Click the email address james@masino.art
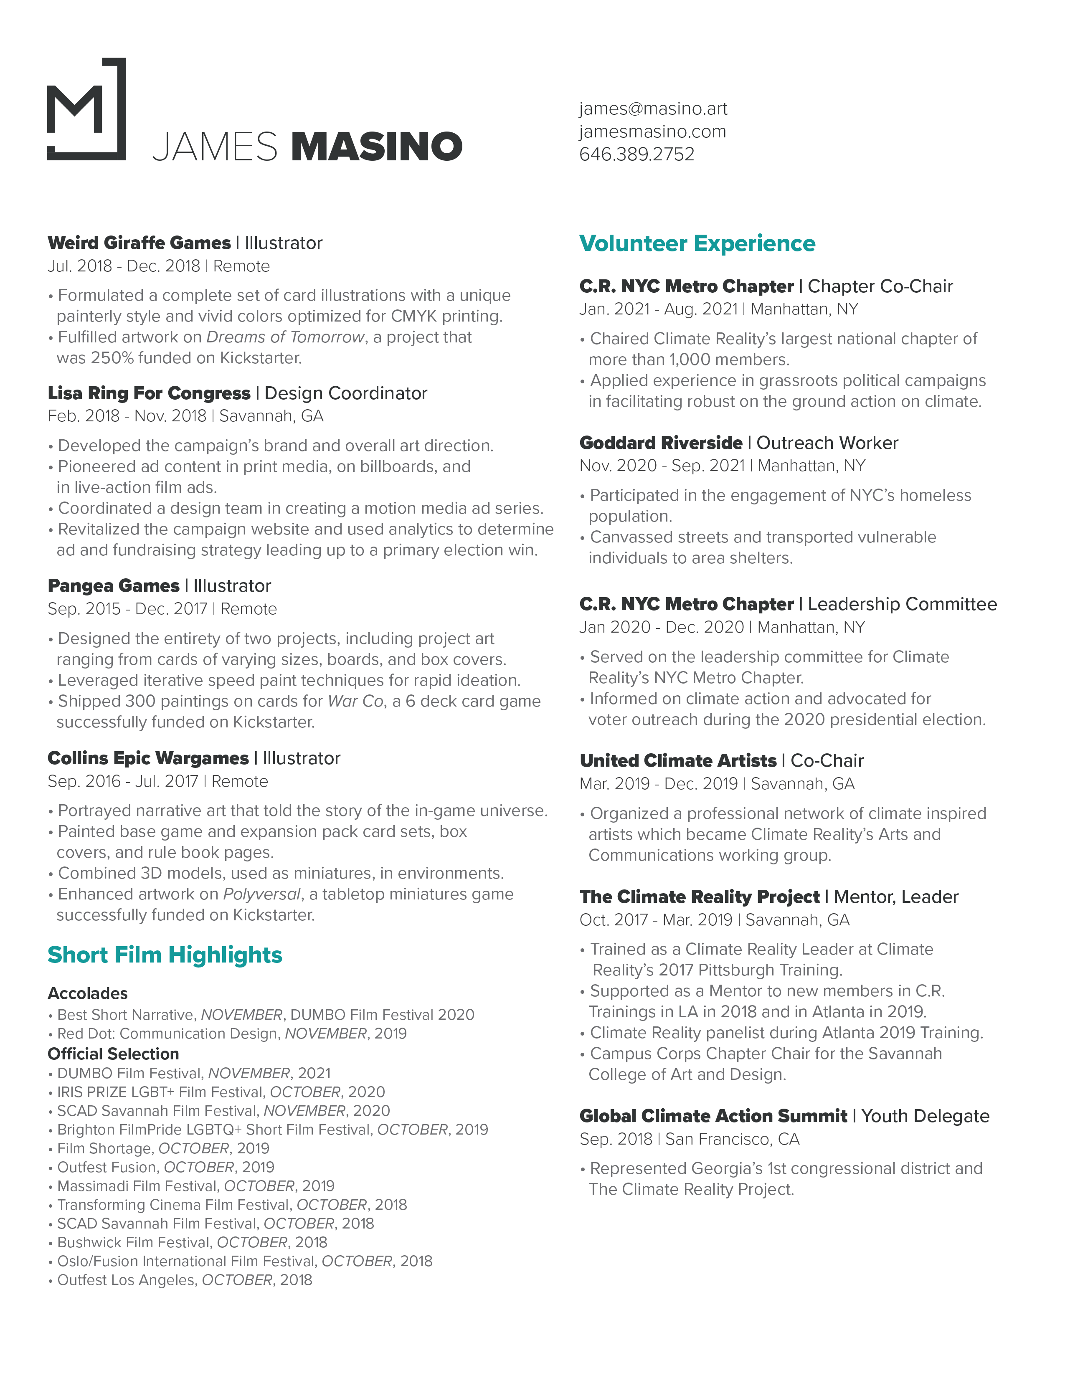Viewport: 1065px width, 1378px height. pos(653,109)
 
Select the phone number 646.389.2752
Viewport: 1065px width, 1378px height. pos(636,154)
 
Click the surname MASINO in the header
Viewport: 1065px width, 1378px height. pos(377,147)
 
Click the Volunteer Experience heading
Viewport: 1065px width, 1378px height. pos(697,243)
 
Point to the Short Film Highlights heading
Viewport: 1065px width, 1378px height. pos(165,955)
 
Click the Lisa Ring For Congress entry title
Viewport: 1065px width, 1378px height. pos(149,393)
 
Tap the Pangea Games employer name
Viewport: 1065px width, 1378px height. pos(114,585)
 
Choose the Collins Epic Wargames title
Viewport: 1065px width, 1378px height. pos(148,758)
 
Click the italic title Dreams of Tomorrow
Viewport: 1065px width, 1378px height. pos(285,337)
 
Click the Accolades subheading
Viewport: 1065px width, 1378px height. pos(88,993)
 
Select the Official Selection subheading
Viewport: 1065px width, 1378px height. pos(114,1054)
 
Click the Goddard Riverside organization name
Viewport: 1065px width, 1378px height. pos(661,443)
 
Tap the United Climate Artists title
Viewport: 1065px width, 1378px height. pos(678,760)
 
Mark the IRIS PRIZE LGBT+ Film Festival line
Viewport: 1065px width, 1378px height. pos(221,1092)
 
